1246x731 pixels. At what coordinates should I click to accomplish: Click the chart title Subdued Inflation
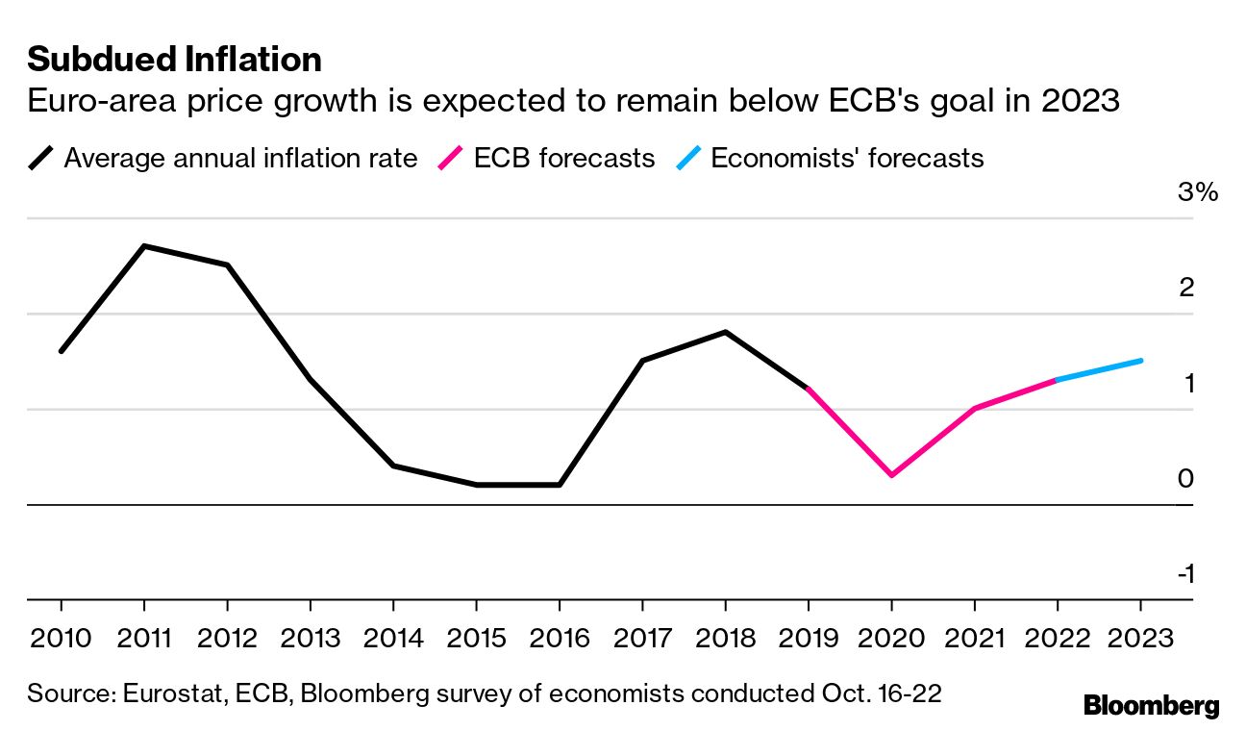[174, 60]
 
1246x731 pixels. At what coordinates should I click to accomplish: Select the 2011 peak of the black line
[144, 246]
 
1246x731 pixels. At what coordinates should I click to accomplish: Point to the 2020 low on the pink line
[891, 475]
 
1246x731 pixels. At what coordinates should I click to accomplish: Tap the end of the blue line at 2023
[1140, 361]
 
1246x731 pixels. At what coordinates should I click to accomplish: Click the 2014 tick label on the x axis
[392, 638]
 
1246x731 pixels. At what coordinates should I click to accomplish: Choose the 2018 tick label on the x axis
[725, 638]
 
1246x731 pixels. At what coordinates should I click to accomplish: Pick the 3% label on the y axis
[1197, 192]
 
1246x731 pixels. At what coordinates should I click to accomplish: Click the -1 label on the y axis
[1185, 574]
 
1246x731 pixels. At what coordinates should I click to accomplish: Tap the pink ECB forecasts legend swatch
[451, 158]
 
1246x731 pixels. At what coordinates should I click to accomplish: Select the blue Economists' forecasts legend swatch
[687, 158]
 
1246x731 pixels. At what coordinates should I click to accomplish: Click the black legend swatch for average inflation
[41, 158]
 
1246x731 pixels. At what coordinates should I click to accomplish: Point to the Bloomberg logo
[1151, 706]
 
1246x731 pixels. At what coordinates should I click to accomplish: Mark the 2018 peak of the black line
[725, 332]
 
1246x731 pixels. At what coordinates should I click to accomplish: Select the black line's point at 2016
[559, 485]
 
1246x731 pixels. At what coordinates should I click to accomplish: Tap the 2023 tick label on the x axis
[1140, 638]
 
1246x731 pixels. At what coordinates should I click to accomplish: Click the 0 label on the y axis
[1185, 479]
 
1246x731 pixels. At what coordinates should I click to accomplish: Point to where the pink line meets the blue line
[1058, 380]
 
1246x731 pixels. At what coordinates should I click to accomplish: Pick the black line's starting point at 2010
[61, 351]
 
